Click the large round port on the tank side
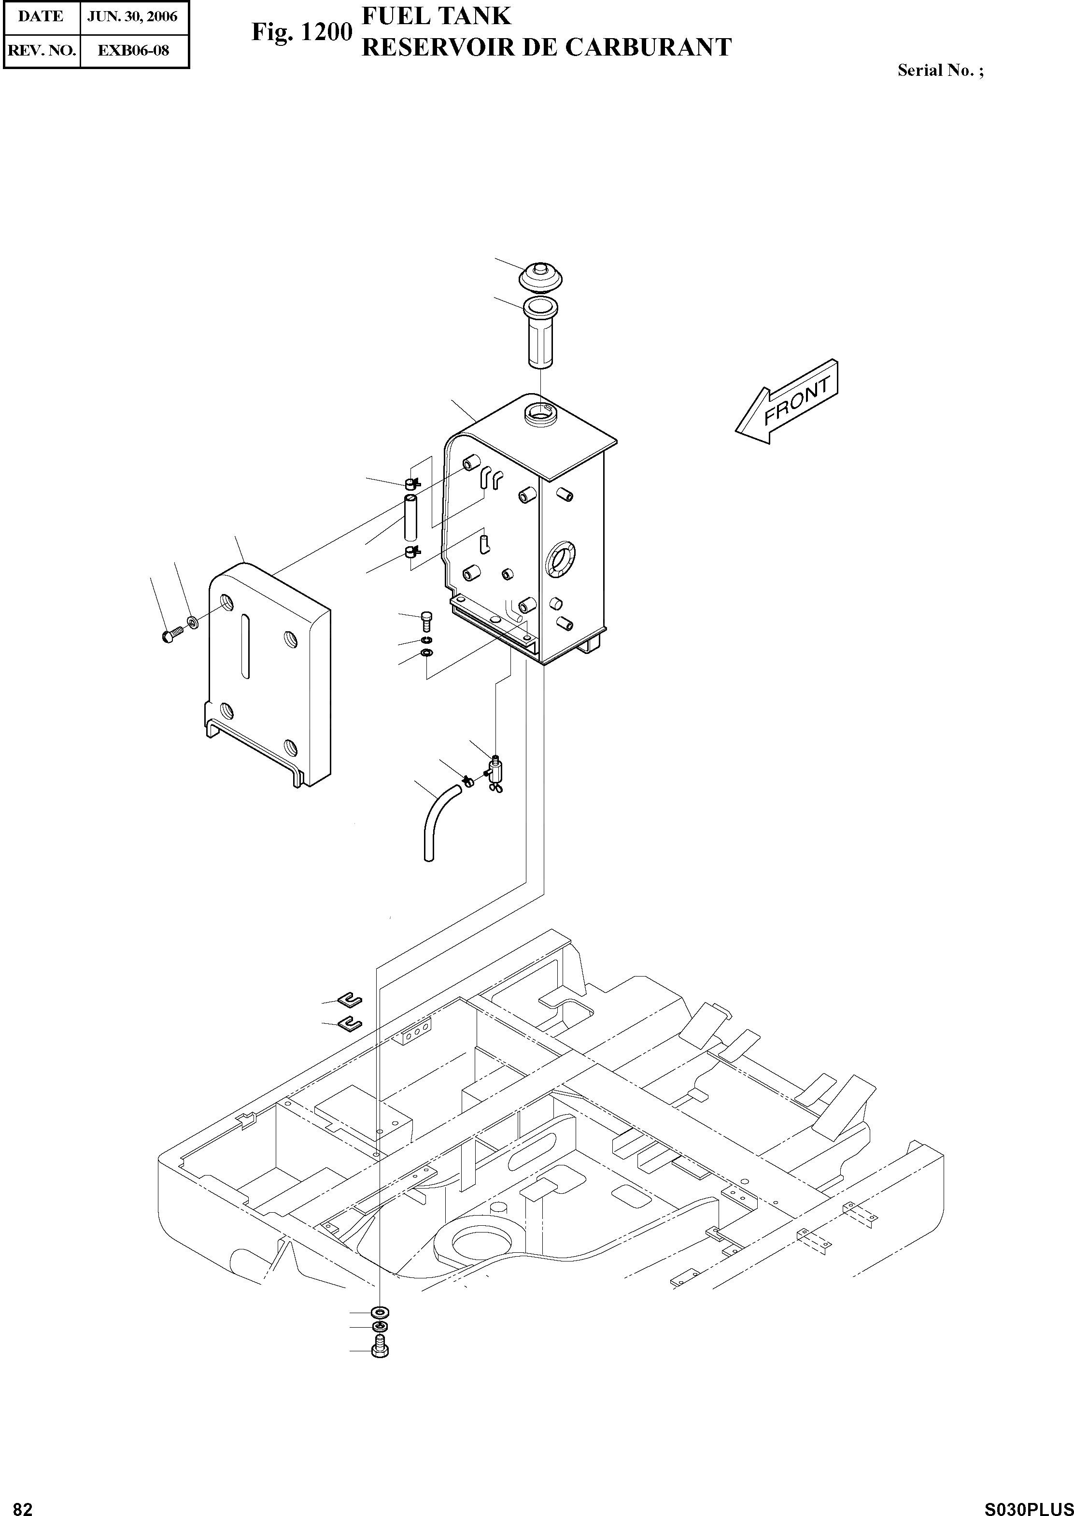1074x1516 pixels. [x=561, y=559]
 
